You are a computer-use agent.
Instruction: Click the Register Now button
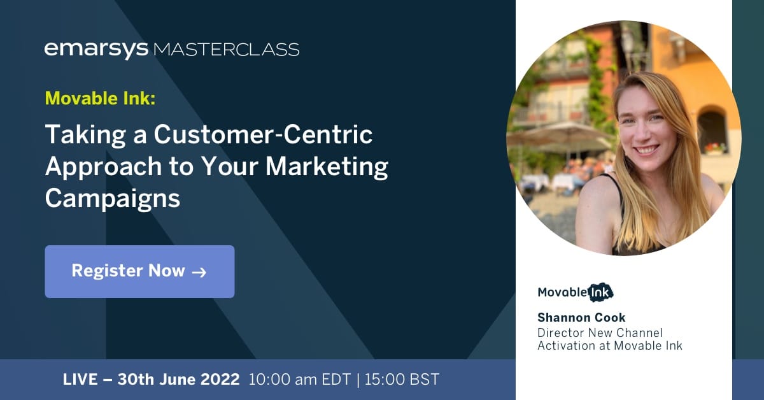click(x=139, y=271)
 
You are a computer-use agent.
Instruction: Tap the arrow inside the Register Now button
click(x=199, y=272)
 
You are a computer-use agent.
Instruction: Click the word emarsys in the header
click(x=96, y=49)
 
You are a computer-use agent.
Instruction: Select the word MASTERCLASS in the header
click(x=226, y=49)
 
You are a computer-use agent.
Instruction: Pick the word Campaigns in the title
click(x=113, y=199)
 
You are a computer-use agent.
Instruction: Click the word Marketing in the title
click(x=327, y=167)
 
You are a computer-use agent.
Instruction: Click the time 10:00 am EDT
click(x=299, y=380)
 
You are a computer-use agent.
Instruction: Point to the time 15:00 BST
click(x=402, y=380)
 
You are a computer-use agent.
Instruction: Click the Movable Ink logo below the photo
click(x=576, y=292)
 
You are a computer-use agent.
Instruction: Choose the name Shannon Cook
click(x=581, y=317)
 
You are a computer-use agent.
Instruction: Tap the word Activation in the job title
click(x=565, y=346)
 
